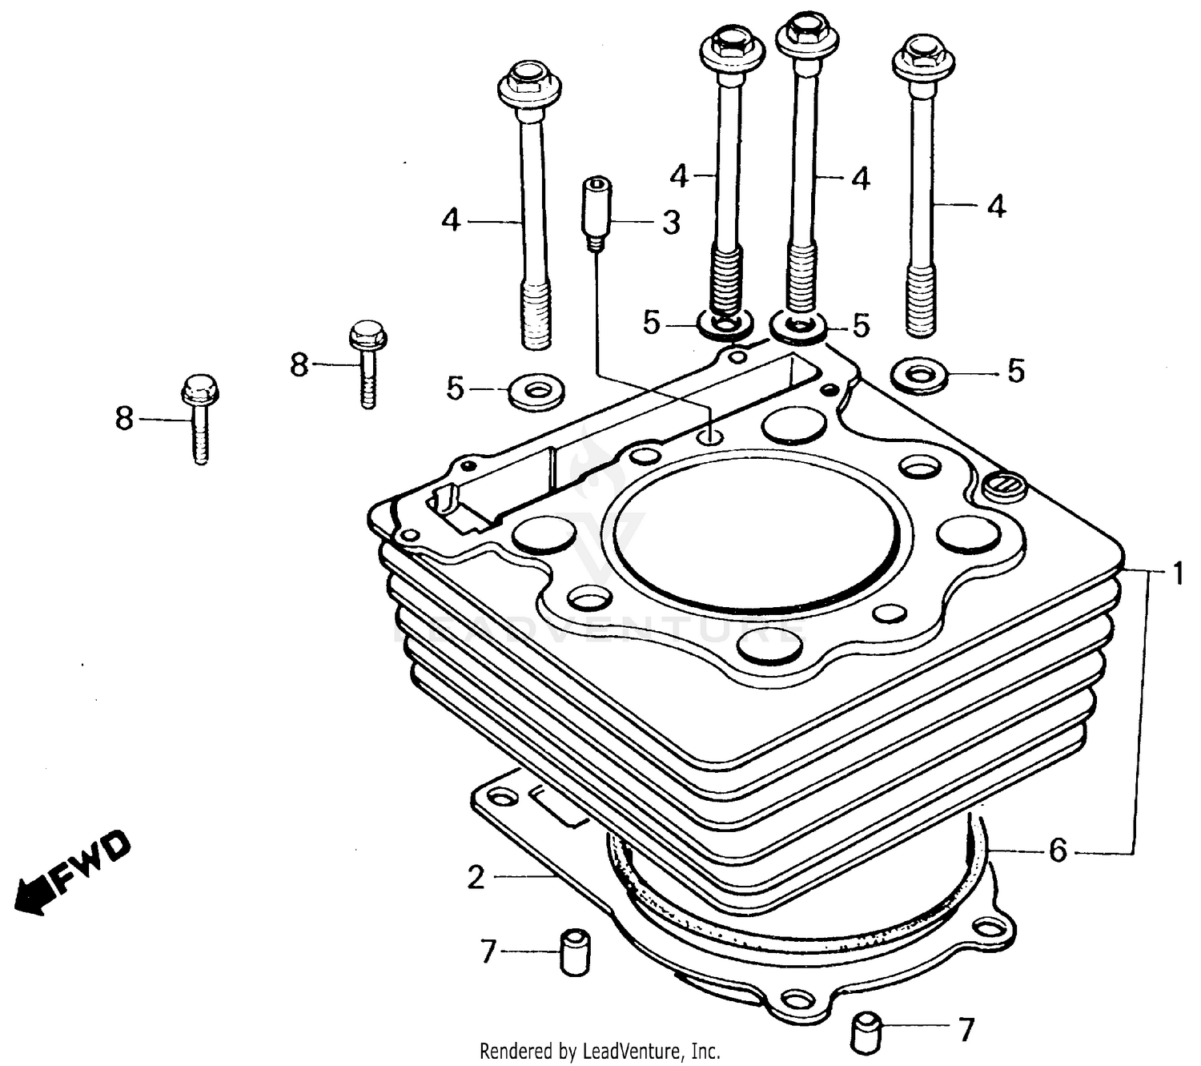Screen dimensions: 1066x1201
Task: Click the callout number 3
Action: point(671,222)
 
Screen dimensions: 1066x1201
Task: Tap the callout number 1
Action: point(1178,573)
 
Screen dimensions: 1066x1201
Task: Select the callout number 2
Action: point(476,878)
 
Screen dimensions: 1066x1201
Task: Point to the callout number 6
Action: point(1058,851)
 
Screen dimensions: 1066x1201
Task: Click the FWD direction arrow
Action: point(72,874)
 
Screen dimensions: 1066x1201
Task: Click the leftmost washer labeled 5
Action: point(536,392)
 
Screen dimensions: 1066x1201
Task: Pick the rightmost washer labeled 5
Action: point(919,374)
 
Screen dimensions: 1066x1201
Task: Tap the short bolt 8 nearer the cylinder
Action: point(368,362)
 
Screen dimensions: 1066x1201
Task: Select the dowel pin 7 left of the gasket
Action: point(573,951)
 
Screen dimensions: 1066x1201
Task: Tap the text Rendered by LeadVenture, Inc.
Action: point(600,1051)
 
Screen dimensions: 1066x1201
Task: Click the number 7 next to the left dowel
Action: point(488,951)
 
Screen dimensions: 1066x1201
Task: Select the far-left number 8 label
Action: point(124,418)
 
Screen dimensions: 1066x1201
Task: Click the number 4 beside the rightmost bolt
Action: point(995,207)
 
